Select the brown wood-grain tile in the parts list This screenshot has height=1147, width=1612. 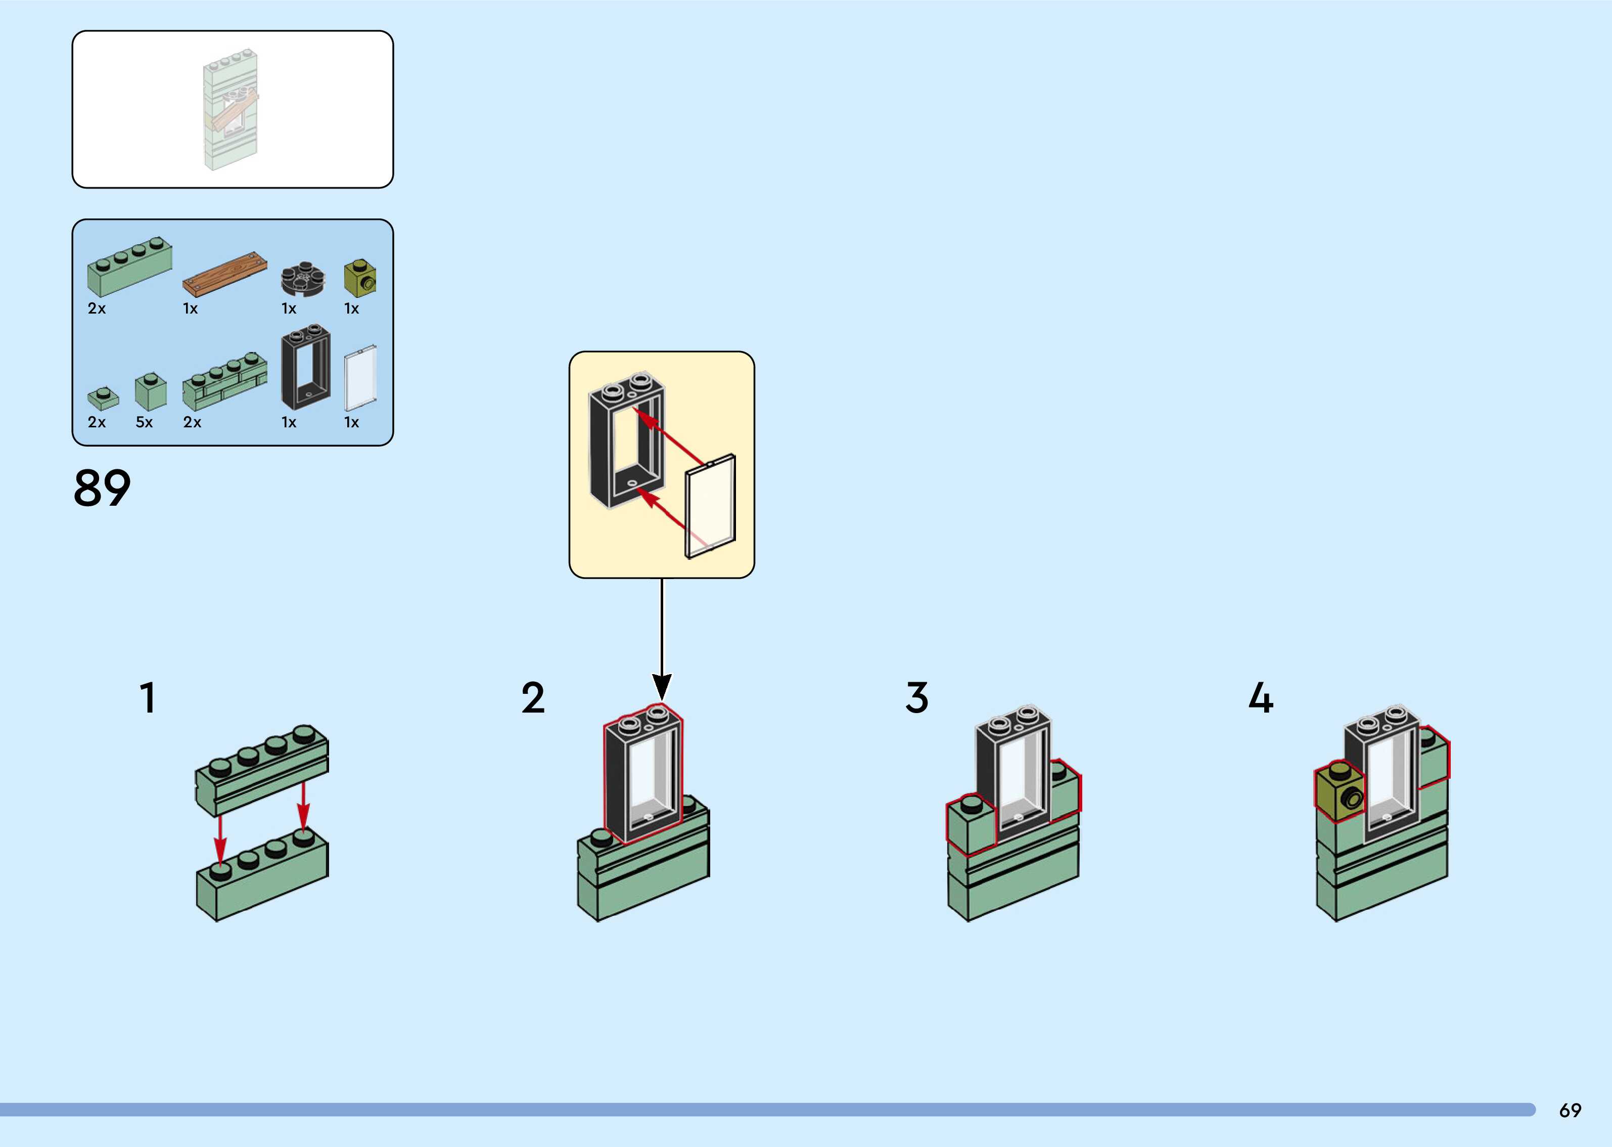pos(225,274)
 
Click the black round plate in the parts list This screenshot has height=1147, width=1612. pos(303,280)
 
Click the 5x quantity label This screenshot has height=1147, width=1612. pos(144,422)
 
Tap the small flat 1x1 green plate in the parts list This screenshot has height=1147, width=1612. pos(103,398)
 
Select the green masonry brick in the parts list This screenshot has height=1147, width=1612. pos(224,381)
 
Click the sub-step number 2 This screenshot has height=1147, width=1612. pos(533,698)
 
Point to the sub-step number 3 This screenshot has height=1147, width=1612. pos(917,698)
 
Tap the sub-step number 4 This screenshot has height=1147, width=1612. pos(1261,698)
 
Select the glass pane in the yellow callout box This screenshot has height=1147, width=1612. pos(711,506)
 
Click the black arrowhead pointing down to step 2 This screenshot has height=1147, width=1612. pos(661,686)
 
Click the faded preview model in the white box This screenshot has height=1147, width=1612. pos(231,109)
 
